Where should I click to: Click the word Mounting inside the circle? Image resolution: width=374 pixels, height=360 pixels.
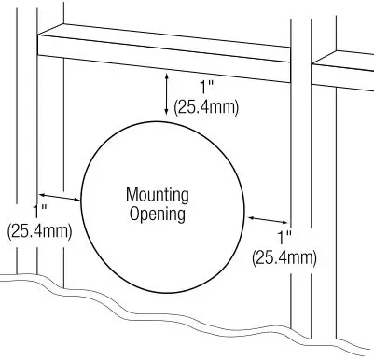tap(157, 195)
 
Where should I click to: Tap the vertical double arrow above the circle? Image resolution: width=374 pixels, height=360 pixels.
tap(167, 96)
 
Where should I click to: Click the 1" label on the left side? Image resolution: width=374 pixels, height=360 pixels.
tap(40, 211)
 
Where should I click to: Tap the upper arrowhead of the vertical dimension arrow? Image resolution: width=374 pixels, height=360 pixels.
tap(167, 79)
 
